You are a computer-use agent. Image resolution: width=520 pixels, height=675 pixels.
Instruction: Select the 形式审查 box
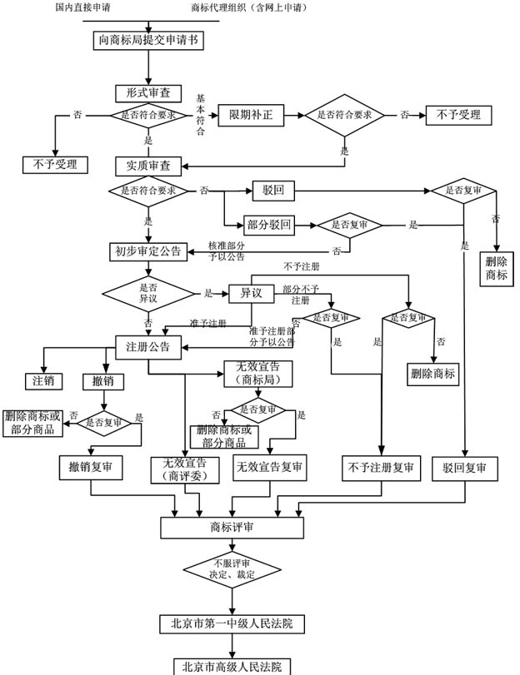tap(142, 93)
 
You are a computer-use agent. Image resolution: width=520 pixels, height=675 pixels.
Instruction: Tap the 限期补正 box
tap(251, 115)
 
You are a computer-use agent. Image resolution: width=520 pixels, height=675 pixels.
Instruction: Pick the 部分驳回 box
tap(268, 226)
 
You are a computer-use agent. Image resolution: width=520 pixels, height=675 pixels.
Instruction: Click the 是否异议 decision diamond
tap(147, 293)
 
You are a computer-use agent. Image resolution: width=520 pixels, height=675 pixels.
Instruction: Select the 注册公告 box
tap(147, 346)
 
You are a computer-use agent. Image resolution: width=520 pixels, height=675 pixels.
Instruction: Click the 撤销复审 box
tap(91, 468)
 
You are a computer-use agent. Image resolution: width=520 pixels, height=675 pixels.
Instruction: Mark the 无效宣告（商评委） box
tap(184, 469)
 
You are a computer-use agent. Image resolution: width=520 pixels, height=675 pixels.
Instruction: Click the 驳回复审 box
tap(464, 468)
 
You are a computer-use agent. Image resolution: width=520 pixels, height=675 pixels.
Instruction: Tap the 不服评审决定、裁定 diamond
tap(232, 569)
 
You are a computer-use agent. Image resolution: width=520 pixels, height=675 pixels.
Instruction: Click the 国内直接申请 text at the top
tap(84, 8)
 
